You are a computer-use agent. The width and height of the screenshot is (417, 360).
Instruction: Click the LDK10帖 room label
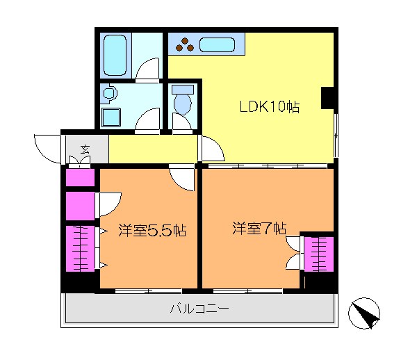[x=269, y=108]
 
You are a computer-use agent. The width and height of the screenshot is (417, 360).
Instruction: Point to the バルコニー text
[x=199, y=309]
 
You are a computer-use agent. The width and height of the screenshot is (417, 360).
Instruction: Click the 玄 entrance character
[x=85, y=149]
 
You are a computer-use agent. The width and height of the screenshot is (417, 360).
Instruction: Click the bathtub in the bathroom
[x=115, y=55]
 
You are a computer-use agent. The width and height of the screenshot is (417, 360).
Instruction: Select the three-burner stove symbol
[x=186, y=46]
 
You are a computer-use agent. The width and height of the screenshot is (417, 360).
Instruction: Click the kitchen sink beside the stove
[x=219, y=46]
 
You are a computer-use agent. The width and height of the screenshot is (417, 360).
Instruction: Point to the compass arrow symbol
[x=365, y=313]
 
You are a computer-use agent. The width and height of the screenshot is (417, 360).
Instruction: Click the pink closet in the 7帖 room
[x=319, y=254]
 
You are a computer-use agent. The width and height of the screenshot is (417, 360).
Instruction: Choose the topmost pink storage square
[x=80, y=178]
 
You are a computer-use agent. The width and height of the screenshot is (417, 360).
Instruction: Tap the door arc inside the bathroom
[x=148, y=71]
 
